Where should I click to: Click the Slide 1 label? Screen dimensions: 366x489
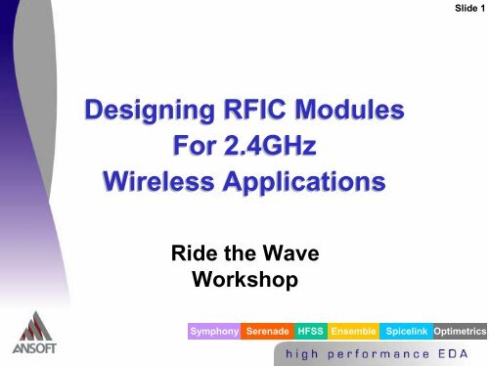[468, 9]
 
